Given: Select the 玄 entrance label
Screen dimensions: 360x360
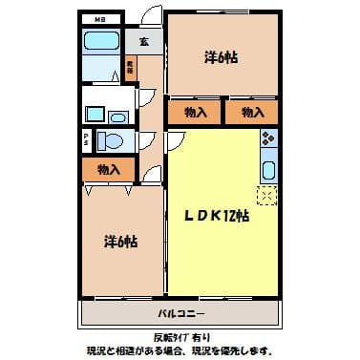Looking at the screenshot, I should pyautogui.click(x=142, y=41).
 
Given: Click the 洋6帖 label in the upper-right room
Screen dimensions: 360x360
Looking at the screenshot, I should pyautogui.click(x=222, y=57).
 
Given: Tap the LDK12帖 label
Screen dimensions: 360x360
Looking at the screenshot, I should pyautogui.click(x=217, y=216).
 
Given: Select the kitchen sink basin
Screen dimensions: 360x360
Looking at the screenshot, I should pyautogui.click(x=268, y=171).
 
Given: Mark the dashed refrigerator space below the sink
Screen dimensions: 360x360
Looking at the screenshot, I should pyautogui.click(x=268, y=197).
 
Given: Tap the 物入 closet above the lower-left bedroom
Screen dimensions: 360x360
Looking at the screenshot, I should pyautogui.click(x=109, y=170).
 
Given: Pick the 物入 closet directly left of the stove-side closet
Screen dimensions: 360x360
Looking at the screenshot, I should pyautogui.click(x=195, y=113).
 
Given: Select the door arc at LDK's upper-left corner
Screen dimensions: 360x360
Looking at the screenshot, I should pyautogui.click(x=177, y=140).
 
